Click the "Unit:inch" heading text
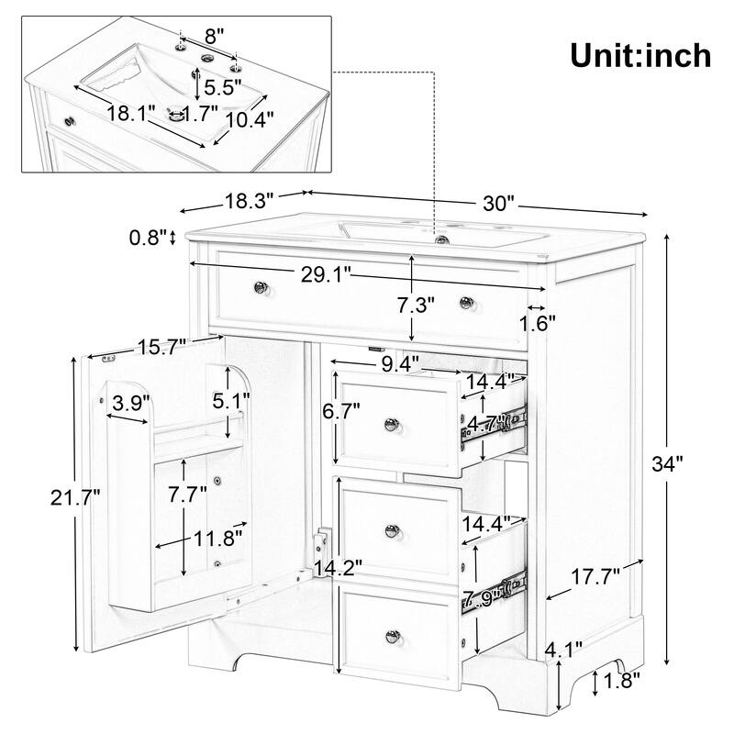tap(640, 55)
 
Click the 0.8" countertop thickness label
tap(148, 238)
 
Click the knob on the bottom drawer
tap(395, 635)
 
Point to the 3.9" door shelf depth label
tap(132, 401)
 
